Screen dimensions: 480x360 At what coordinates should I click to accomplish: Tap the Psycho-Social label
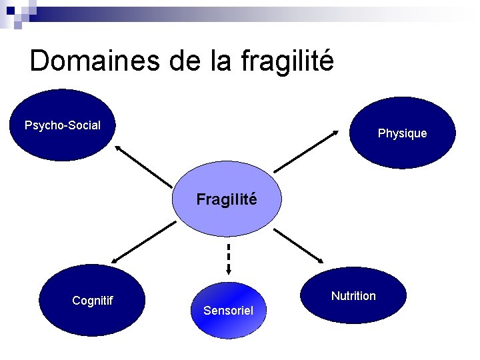coord(63,125)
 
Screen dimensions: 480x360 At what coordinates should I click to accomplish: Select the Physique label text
coord(402,133)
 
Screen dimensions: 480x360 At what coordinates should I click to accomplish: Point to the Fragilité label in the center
coord(227,199)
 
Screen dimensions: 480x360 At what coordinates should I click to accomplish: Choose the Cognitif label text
coord(92,301)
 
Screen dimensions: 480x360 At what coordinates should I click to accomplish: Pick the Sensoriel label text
coord(228,311)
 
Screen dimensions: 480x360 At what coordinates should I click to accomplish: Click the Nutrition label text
coord(353,295)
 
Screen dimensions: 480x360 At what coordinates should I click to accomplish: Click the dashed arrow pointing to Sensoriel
coord(228,257)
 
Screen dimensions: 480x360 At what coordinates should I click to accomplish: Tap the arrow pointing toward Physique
coord(307,151)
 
